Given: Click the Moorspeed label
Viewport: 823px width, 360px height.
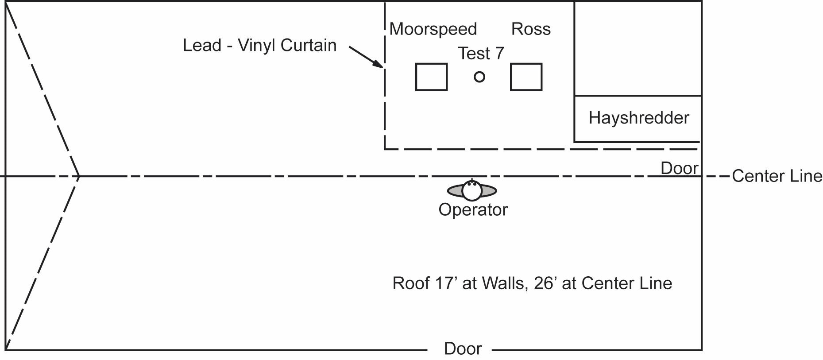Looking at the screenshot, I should tap(433, 29).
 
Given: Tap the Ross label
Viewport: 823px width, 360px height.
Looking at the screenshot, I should tap(531, 29).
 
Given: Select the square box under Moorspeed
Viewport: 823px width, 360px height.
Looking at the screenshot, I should tap(431, 77).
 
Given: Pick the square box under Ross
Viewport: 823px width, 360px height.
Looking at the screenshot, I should tap(526, 77).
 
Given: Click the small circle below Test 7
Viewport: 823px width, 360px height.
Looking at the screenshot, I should tap(479, 77).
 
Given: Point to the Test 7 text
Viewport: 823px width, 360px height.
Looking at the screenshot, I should tap(481, 54).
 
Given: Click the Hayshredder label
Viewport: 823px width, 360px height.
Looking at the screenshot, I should tap(639, 118).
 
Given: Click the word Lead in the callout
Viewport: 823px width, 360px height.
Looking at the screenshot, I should tap(202, 45).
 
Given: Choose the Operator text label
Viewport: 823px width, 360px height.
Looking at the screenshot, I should tap(473, 209).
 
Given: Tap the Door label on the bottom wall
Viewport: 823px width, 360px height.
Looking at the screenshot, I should tap(463, 349).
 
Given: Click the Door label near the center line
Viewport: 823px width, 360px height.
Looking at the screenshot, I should tap(679, 168).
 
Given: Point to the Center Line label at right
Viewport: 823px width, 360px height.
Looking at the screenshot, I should tap(777, 176).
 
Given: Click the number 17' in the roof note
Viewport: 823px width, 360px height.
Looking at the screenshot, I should tap(445, 283).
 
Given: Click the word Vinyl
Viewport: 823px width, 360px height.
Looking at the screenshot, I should tap(257, 45).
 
